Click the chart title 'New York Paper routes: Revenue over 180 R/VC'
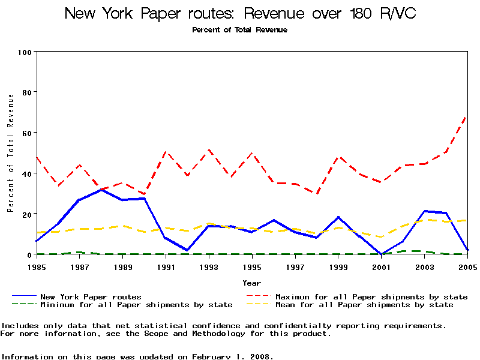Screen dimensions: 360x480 pyautogui.click(x=240, y=13)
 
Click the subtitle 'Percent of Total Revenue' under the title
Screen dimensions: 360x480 pyautogui.click(x=240, y=30)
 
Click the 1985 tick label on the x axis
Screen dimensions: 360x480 pyautogui.click(x=37, y=266)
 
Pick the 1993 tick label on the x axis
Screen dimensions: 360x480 pyautogui.click(x=209, y=266)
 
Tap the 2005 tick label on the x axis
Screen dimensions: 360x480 pyautogui.click(x=467, y=266)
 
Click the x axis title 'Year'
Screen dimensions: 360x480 pyautogui.click(x=252, y=283)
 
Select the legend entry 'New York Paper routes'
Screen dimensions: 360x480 pyautogui.click(x=91, y=296)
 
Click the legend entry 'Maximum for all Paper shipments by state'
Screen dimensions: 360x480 pyautogui.click(x=371, y=296)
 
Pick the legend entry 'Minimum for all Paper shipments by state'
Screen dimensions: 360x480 pyautogui.click(x=136, y=305)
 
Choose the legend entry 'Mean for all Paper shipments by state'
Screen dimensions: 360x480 pyautogui.click(x=364, y=305)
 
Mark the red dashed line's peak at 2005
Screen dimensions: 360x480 pyautogui.click(x=467, y=115)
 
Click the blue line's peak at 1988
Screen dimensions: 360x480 pyautogui.click(x=102, y=190)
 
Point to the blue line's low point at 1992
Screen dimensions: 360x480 pyautogui.click(x=188, y=250)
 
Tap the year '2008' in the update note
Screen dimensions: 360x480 pyautogui.click(x=260, y=356)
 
